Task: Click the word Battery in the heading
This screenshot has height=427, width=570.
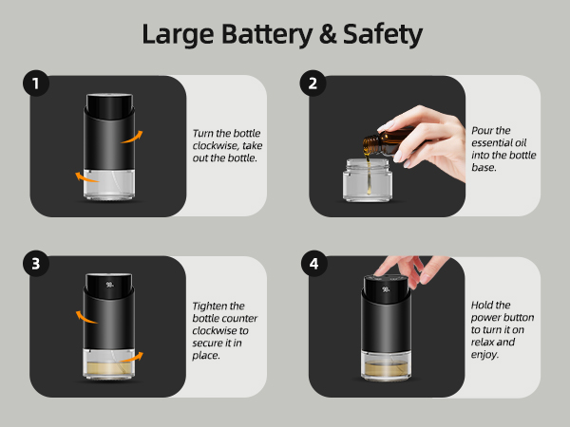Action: click(x=267, y=34)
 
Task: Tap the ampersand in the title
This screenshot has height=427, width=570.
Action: click(x=328, y=34)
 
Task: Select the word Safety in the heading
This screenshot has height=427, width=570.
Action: click(x=383, y=34)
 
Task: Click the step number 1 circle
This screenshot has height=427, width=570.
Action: click(x=36, y=84)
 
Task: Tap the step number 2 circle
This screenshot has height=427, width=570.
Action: click(x=313, y=84)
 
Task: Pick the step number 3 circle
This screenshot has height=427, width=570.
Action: click(x=36, y=264)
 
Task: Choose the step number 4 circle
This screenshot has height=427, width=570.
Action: click(x=314, y=264)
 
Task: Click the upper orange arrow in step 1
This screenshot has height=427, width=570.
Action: click(x=132, y=138)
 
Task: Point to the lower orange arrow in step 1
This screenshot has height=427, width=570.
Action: click(x=86, y=177)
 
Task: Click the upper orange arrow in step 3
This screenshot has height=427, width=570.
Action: click(x=86, y=317)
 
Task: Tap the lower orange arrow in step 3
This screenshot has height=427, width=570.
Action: click(x=132, y=358)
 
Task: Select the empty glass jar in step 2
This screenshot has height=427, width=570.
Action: click(x=368, y=179)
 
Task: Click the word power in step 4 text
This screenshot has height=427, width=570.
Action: click(x=484, y=318)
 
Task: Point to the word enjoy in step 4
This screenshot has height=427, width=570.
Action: click(x=483, y=355)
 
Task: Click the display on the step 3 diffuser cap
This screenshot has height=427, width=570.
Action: click(x=110, y=285)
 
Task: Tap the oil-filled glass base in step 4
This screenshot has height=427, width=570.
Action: click(x=386, y=365)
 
